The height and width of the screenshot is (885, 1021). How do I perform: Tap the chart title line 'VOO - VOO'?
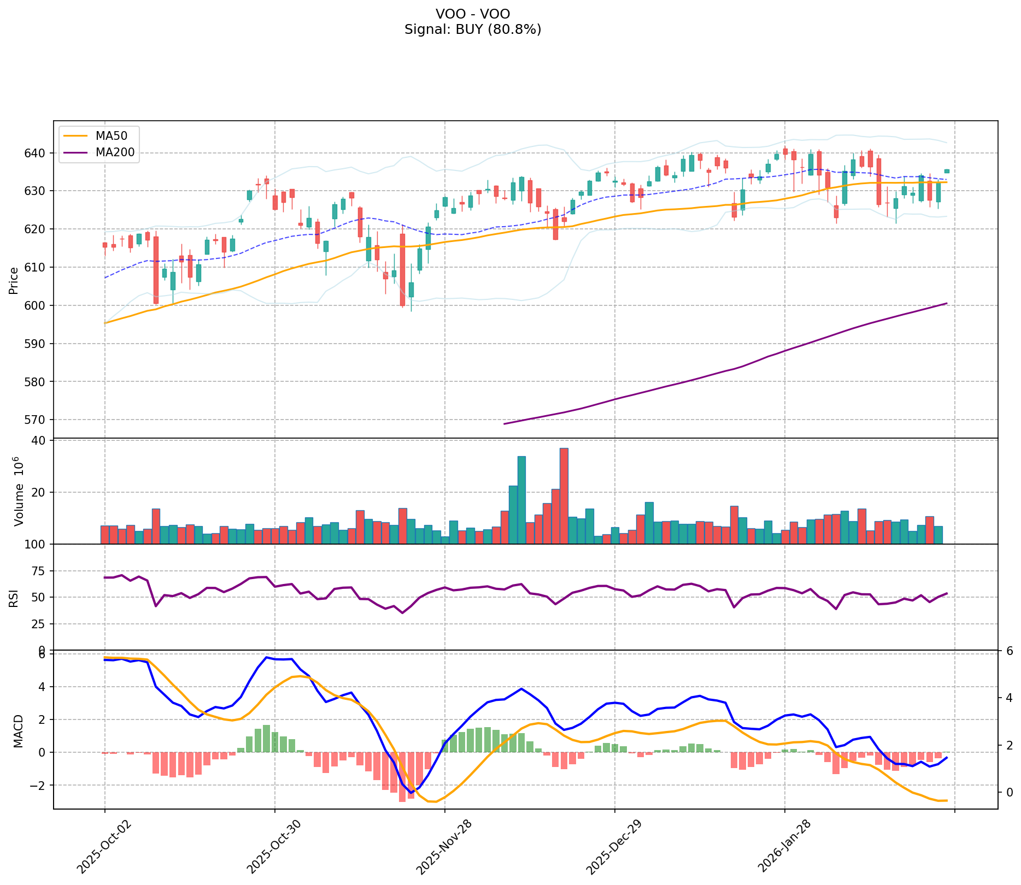(x=473, y=14)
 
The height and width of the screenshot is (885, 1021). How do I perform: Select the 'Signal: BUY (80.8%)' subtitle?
(x=473, y=29)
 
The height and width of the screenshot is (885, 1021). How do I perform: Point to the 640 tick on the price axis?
(x=39, y=153)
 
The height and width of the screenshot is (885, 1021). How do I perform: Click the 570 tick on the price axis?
(x=39, y=420)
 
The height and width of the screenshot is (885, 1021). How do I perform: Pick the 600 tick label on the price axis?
(x=39, y=305)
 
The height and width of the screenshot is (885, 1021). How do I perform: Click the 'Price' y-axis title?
(x=14, y=280)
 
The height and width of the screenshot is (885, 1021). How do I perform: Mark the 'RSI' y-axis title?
(x=14, y=598)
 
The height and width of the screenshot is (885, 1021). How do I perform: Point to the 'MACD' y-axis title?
(x=18, y=731)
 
